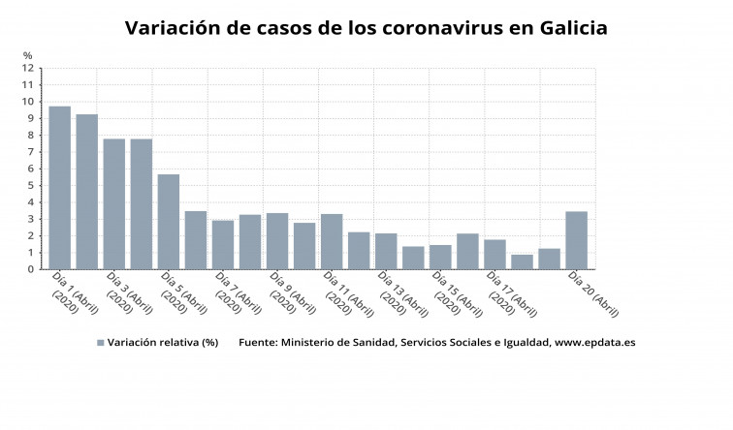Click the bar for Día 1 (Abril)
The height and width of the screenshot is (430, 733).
pos(60,188)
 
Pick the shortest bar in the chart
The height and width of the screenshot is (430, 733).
pos(522,261)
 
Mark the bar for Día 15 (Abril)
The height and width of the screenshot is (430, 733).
pos(440,257)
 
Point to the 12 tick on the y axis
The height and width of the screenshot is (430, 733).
pos(29,68)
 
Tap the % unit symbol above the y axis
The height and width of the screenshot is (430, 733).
pos(28,55)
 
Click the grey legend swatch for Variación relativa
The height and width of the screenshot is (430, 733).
pos(100,342)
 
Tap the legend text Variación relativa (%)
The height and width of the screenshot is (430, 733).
pos(163,342)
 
